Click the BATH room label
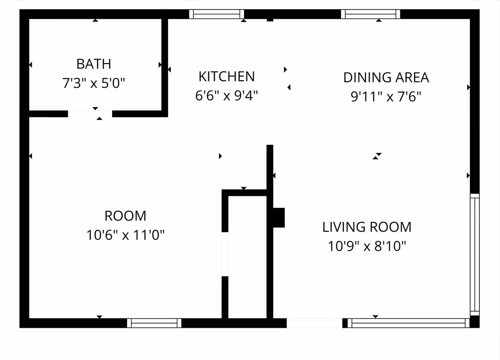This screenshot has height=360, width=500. coord(94,64)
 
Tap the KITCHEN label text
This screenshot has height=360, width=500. coord(227,76)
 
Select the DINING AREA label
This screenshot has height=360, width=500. coord(386,78)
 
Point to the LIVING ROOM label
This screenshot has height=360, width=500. coord(367,227)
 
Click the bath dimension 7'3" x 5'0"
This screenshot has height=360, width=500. coord(94,83)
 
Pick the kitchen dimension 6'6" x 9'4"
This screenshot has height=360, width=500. coord(226,96)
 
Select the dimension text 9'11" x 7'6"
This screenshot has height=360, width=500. coord(386,97)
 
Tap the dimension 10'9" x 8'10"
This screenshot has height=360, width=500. coord(367,246)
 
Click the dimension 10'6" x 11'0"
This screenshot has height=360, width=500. coord(125,235)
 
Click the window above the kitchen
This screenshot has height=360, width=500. coord(217,14)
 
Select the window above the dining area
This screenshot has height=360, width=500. coord(371,14)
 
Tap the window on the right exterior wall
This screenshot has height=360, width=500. coord(475,255)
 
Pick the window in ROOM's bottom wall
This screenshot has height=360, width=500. coord(154,323)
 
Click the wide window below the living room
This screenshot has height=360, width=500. coord(409,323)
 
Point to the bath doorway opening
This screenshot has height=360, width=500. coord(90,114)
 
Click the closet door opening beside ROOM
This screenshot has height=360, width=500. coord(225,254)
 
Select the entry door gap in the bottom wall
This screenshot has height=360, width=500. coord(314,323)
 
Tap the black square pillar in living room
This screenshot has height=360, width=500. coord(279,218)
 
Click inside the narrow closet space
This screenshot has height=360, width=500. coord(248,257)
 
